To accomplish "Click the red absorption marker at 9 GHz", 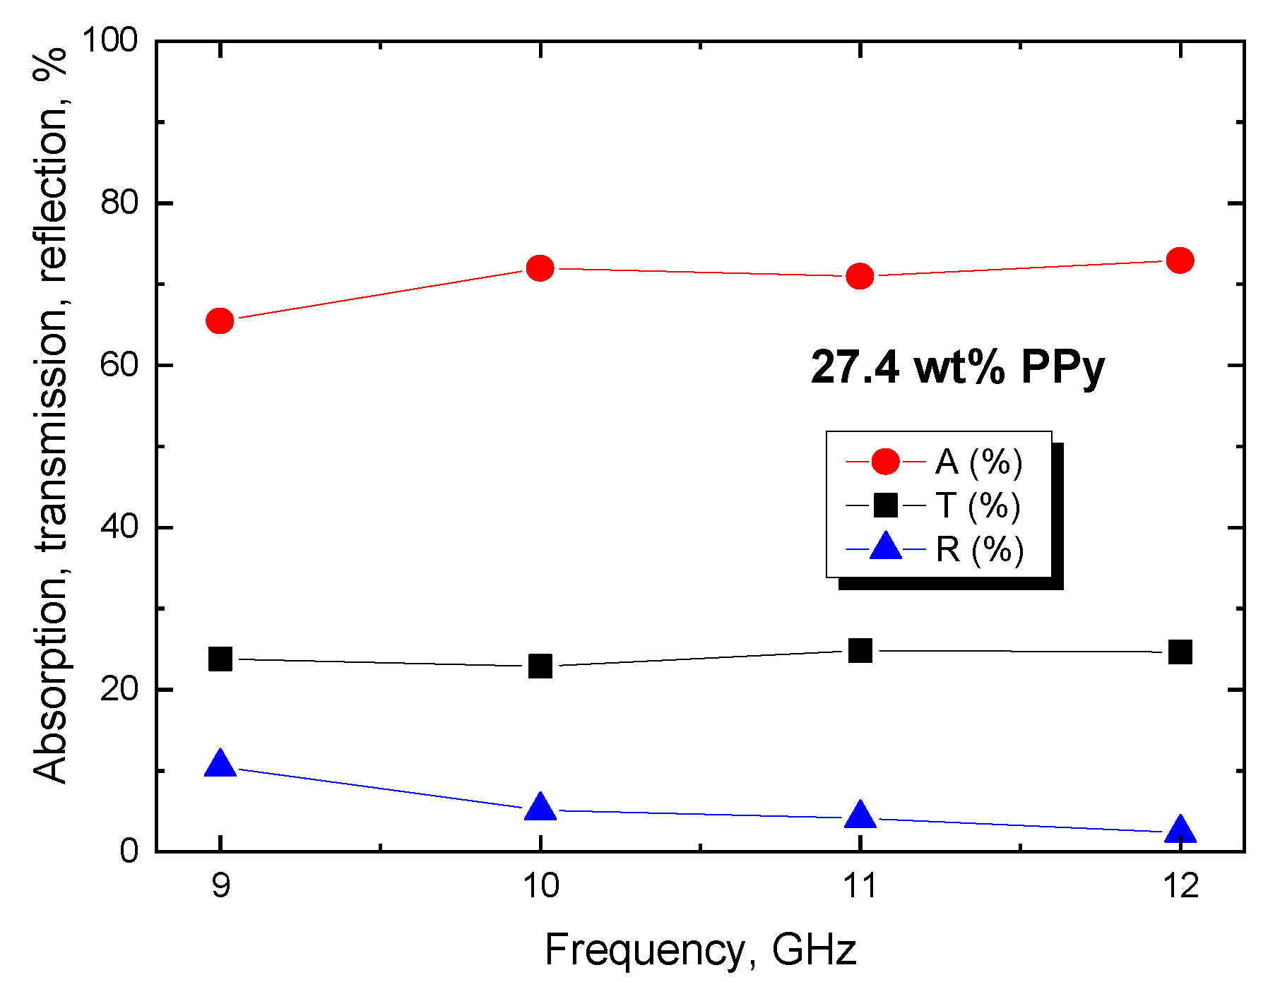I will coord(220,321).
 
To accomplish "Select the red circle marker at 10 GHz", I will coord(540,268).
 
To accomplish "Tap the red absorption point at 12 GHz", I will coord(1180,261).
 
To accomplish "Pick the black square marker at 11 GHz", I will coord(860,650).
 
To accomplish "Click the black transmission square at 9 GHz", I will coord(220,659).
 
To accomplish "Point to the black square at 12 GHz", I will coord(1180,652).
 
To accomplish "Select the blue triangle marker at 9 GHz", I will coord(220,765).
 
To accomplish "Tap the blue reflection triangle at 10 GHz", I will coord(540,807).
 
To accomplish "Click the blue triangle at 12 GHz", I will coord(1180,830).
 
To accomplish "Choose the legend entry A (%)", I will coord(978,462).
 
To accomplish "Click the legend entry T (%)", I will coord(978,505).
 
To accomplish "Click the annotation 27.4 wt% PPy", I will coord(957,368).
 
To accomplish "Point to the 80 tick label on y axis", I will coord(119,203).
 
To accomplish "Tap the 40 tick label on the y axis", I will coord(119,527).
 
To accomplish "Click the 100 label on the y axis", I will coord(109,40).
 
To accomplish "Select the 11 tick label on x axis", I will coord(860,885).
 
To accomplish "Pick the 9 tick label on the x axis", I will coord(220,885).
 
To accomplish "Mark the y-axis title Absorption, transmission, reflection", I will coord(51,417).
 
